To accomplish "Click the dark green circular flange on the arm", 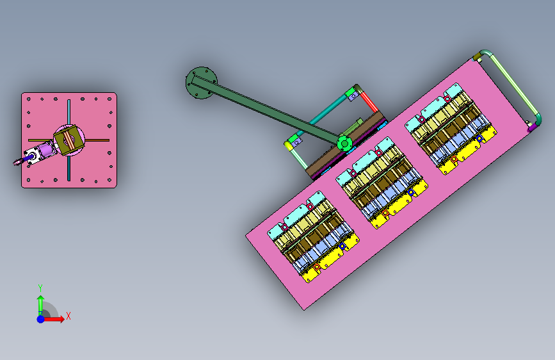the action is pos(202,83).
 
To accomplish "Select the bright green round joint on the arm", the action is pos(344,143).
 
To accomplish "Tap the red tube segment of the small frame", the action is pos(369,101).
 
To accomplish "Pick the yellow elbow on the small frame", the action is pos(288,145).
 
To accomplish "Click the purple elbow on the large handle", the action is pos(532,128).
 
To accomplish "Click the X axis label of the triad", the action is pos(68,316).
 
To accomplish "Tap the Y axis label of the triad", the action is pos(40,288).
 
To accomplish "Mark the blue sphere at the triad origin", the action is pos(41,319).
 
